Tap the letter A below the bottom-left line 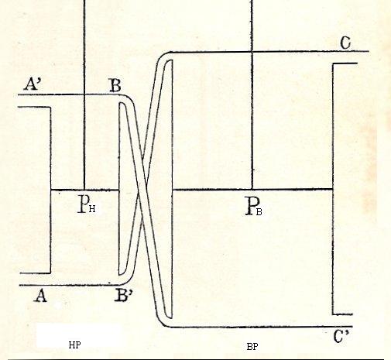point(41,296)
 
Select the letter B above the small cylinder point(115,85)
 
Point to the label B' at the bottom point(124,296)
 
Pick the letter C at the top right point(345,43)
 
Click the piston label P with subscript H point(87,204)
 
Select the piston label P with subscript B point(254,206)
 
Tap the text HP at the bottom point(74,345)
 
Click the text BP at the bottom point(252,347)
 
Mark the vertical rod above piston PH point(84,94)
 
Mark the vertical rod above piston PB point(252,94)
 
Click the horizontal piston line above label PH point(84,190)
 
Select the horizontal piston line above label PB point(252,190)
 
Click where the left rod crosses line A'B point(84,94)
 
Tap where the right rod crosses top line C point(252,52)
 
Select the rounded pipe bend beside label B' point(129,278)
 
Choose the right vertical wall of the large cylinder point(333,189)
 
